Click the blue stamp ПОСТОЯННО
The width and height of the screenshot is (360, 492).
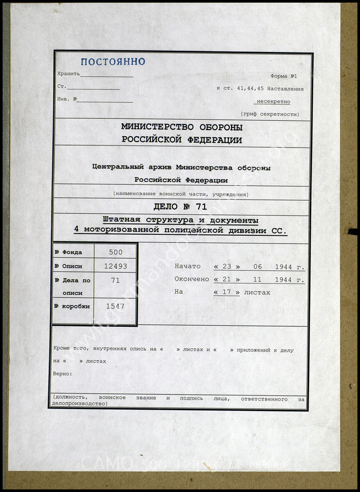click(x=113, y=61)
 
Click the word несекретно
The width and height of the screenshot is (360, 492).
click(x=273, y=101)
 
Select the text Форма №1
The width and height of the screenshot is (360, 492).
click(x=284, y=76)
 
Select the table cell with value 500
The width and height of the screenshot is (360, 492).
click(x=115, y=253)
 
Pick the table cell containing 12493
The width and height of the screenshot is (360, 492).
click(x=115, y=266)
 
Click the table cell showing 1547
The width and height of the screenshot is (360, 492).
click(x=115, y=306)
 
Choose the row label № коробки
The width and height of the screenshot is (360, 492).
click(x=72, y=306)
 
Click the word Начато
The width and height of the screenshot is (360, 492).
click(x=188, y=267)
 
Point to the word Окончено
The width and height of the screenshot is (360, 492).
click(x=192, y=279)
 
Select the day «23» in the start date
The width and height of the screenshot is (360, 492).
click(x=225, y=267)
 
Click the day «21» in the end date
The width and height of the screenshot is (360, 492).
click(x=225, y=279)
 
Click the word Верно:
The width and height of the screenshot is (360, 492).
click(x=63, y=374)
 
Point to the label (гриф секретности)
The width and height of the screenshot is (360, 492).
click(x=269, y=114)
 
